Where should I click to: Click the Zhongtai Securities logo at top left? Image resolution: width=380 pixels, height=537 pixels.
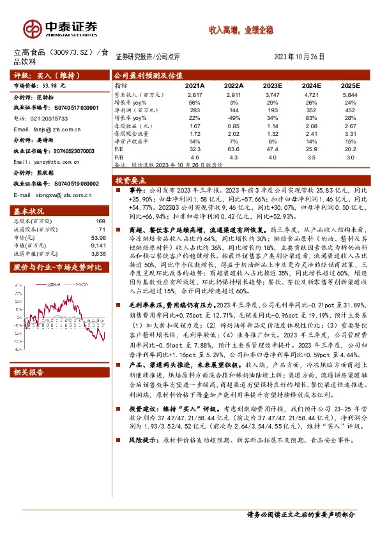[61, 27]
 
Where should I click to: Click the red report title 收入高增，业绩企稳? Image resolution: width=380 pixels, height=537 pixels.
[237, 29]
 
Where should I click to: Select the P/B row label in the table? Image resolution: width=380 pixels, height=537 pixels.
[119, 156]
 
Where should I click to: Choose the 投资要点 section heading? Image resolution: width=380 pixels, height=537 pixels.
[128, 180]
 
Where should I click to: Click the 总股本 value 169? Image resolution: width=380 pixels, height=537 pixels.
[100, 221]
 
